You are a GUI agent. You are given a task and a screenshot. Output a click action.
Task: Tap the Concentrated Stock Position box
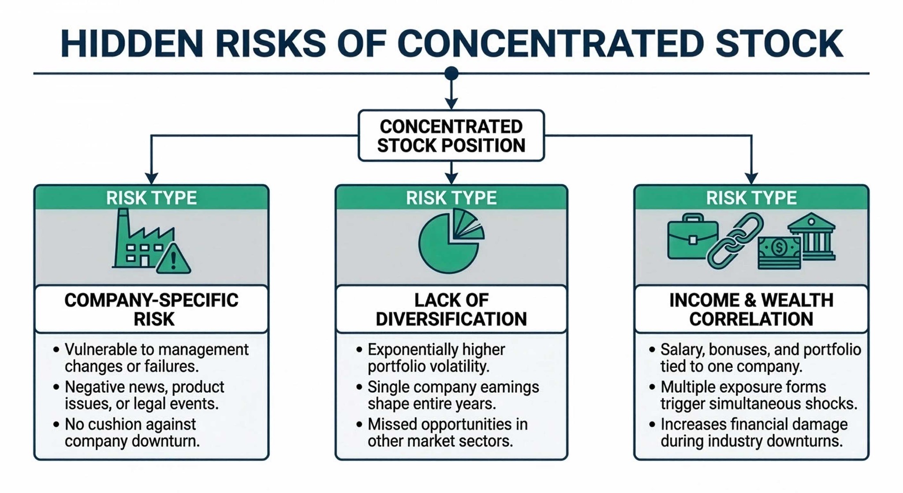point(451,135)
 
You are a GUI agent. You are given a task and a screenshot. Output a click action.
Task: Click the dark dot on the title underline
point(451,73)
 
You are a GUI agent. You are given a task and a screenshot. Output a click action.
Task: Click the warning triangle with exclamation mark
point(173,259)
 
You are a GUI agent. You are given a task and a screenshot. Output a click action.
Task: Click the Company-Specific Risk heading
point(151,309)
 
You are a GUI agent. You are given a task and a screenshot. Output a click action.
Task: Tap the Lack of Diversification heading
point(451,309)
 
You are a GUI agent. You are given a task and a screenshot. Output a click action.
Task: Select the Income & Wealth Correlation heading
point(751,309)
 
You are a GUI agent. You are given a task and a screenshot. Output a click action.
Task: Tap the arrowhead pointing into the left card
point(151,178)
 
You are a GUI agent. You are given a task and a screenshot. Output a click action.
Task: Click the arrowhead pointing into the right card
point(751,178)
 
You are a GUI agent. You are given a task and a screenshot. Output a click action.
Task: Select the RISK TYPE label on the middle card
point(451,198)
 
